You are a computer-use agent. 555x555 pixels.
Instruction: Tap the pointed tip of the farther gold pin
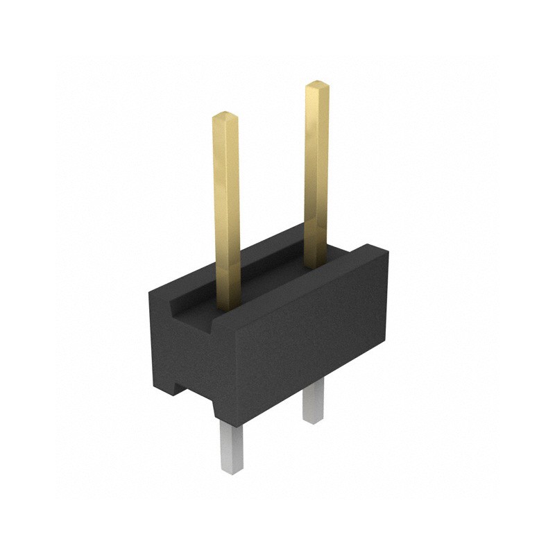click(x=316, y=85)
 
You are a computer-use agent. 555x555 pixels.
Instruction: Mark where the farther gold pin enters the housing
click(x=316, y=266)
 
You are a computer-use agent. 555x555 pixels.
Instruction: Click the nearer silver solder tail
click(x=232, y=447)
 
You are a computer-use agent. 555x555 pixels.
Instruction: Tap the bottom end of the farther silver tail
click(x=313, y=420)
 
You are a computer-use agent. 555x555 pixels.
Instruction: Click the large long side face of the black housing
click(x=312, y=340)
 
